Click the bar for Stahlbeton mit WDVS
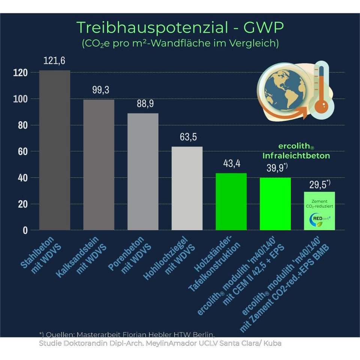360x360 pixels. [x=55, y=150]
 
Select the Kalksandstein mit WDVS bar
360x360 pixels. [x=99, y=165]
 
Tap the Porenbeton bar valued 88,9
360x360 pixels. [x=143, y=172]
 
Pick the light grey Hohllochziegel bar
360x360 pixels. [x=187, y=188]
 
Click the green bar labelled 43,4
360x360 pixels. [x=231, y=202]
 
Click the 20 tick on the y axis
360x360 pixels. [x=23, y=204]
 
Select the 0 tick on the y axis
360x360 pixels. [x=25, y=230]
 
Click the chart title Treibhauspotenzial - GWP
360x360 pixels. [x=180, y=27]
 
